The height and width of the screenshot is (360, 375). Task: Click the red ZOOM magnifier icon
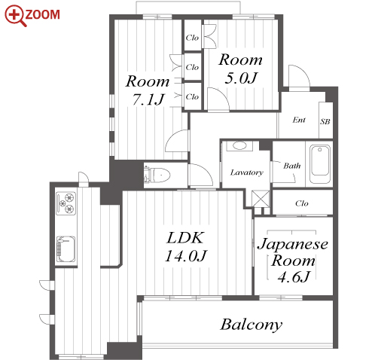pyautogui.click(x=15, y=16)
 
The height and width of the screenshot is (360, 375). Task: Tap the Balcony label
pyautogui.click(x=252, y=325)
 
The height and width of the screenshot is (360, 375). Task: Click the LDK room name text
pyautogui.click(x=185, y=238)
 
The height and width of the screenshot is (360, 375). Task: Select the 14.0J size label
pyautogui.click(x=186, y=256)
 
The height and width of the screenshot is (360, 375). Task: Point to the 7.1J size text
pyautogui.click(x=148, y=99)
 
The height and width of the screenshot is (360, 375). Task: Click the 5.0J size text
pyautogui.click(x=241, y=78)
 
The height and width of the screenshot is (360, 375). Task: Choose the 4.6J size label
pyautogui.click(x=294, y=277)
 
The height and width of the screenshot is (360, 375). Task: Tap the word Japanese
pyautogui.click(x=293, y=244)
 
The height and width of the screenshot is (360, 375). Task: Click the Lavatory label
pyautogui.click(x=247, y=172)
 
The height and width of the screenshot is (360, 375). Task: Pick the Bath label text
pyautogui.click(x=292, y=166)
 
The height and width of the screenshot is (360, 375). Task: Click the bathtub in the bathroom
pyautogui.click(x=319, y=164)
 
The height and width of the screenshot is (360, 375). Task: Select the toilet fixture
pyautogui.click(x=157, y=175)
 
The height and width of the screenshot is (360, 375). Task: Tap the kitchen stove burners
pyautogui.click(x=66, y=203)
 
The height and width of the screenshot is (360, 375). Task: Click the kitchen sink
pyautogui.click(x=66, y=249)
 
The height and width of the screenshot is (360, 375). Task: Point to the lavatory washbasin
pyautogui.click(x=239, y=146)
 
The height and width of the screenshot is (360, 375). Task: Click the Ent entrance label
pyautogui.click(x=299, y=120)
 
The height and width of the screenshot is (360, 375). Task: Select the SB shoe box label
pyautogui.click(x=325, y=122)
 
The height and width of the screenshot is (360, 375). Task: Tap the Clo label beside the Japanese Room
pyautogui.click(x=302, y=203)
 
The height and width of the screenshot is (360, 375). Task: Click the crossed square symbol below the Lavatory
pyautogui.click(x=261, y=199)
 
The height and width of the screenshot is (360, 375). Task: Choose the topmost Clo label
pyautogui.click(x=192, y=38)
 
